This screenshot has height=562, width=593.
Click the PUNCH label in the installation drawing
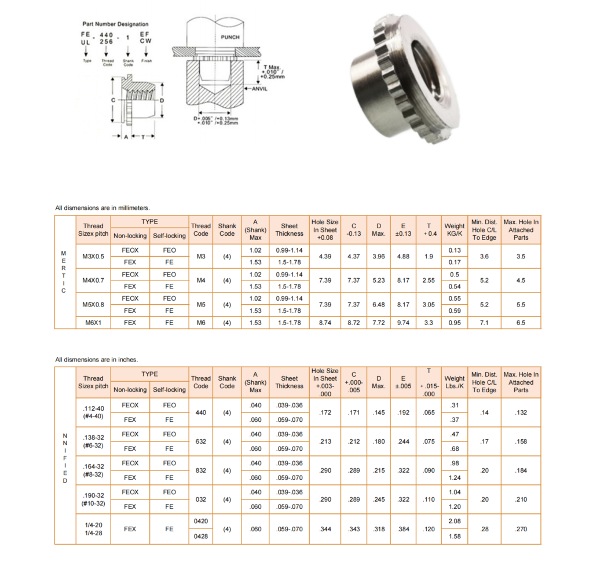point(230,37)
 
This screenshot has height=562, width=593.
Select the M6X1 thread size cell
point(93,323)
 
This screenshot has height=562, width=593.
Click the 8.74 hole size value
point(325,323)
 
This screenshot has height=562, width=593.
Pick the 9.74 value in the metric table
point(403,323)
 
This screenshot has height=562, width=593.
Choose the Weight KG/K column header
point(454,229)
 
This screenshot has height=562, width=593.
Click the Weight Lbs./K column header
point(454,382)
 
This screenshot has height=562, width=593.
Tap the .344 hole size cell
point(325,529)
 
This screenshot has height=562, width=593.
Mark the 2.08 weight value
point(455,521)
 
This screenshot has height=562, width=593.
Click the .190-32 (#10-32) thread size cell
point(93,499)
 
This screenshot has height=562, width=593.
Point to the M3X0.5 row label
point(93,256)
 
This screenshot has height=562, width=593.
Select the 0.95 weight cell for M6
point(455,323)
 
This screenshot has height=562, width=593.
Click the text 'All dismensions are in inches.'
point(97,360)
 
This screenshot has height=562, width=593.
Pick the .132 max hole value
point(521,413)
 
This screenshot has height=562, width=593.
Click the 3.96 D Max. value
point(379,256)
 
